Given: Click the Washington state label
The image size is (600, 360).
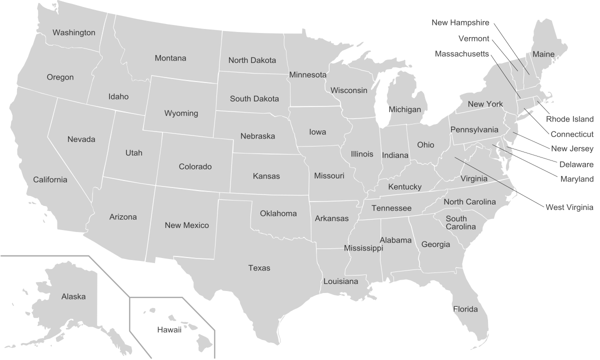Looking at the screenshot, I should [73, 32].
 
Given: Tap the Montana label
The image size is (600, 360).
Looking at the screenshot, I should [170, 58].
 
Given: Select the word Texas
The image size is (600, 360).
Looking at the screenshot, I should [259, 268].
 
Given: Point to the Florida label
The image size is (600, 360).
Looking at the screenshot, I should [465, 309].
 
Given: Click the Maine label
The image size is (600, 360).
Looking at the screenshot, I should [543, 54].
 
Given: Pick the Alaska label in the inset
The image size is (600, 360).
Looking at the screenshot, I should [73, 296].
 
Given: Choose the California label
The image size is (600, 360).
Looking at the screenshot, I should [50, 179].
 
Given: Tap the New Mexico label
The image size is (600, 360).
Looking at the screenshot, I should [186, 225].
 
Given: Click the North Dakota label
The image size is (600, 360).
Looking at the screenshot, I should [252, 60].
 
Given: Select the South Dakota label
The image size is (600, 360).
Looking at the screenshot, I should [254, 98].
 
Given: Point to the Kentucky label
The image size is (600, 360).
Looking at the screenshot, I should [404, 186].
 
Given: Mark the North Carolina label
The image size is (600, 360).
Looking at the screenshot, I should [469, 202].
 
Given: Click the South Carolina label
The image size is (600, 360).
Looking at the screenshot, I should [460, 222].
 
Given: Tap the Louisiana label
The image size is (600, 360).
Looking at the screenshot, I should [340, 281].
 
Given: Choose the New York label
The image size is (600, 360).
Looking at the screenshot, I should [485, 104].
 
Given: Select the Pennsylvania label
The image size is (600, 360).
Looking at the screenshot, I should [474, 129].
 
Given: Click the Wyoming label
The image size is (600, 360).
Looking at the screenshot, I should [181, 113].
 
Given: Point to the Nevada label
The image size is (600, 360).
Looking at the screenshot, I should [81, 139].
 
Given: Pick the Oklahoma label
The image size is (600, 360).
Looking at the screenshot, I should [278, 213].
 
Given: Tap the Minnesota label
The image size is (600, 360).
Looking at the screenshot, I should [307, 75].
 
